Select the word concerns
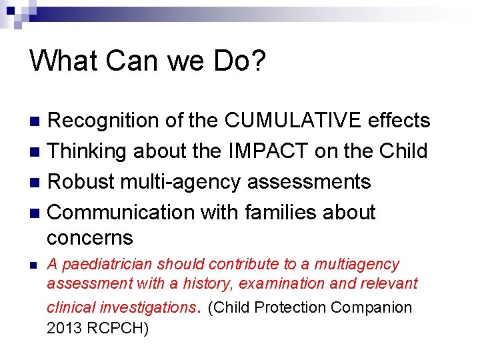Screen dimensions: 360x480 (x=90, y=238)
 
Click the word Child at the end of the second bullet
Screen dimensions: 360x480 (x=403, y=151)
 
